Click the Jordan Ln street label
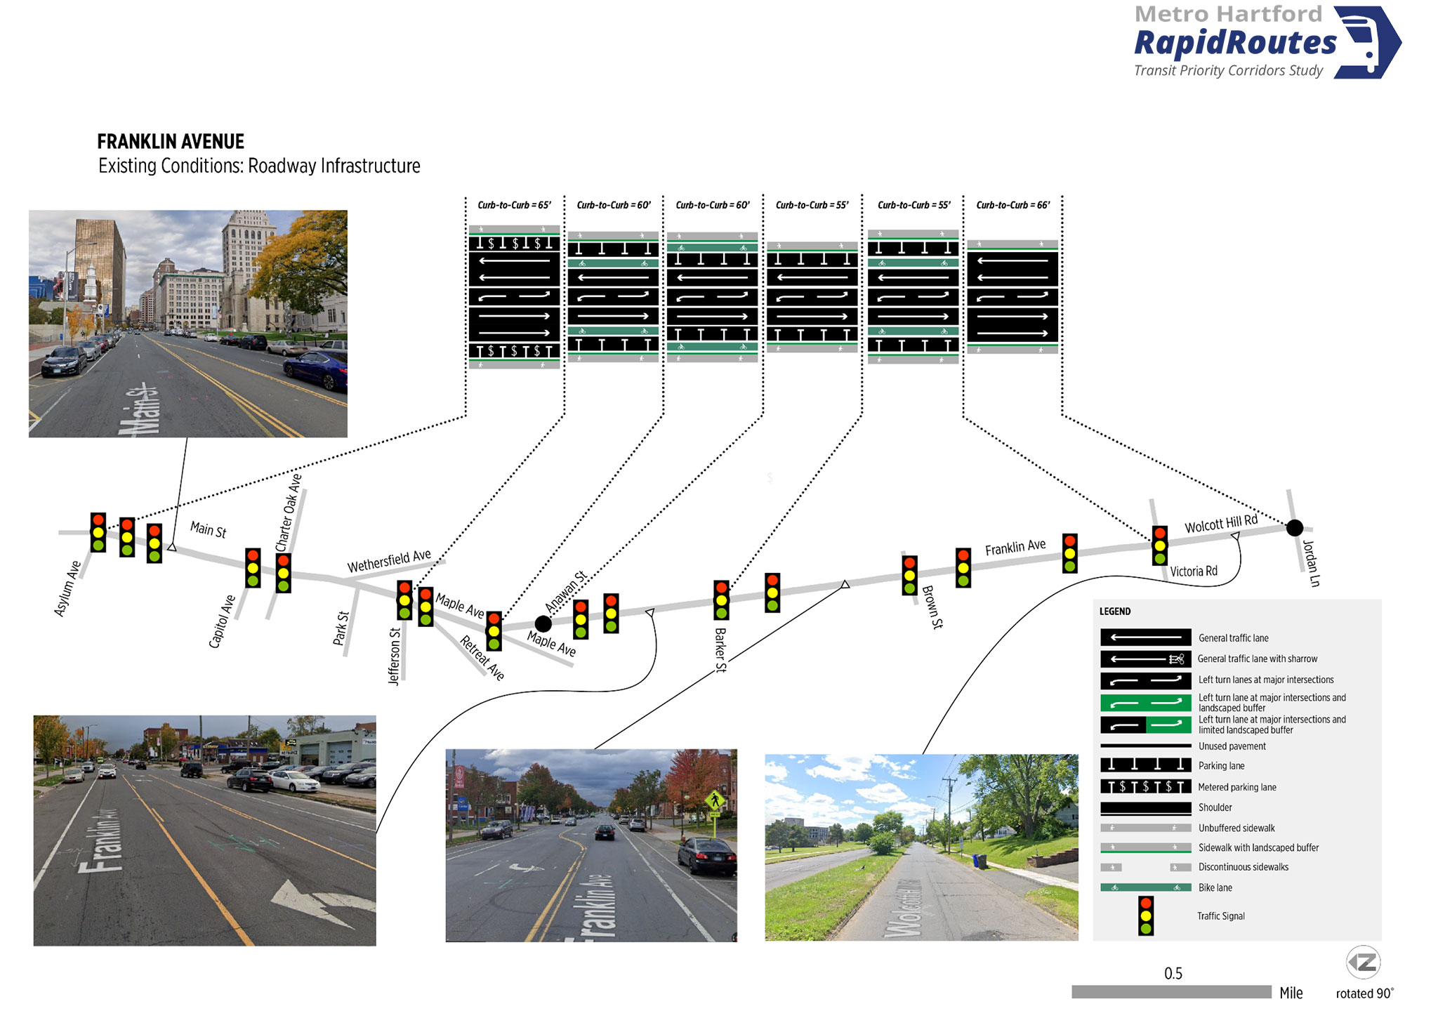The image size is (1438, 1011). coord(1311,563)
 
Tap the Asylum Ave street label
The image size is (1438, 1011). coord(67,588)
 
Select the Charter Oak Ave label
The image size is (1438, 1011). coord(288,513)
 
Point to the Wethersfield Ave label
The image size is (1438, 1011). coord(389,561)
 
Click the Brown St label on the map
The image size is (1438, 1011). coord(932,607)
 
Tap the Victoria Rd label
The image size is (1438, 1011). coord(1194,571)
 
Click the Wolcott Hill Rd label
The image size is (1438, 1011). coord(1221,524)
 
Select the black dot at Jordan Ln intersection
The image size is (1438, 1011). coord(1295,527)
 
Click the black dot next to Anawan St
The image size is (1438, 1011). coord(543,623)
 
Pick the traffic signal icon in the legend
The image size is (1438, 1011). coord(1146,916)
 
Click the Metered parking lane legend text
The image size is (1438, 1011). coord(1237,787)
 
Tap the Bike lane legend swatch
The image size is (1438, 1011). coord(1145,887)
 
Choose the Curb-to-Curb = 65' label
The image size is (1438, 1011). coord(514,205)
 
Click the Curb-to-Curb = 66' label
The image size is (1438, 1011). coord(1013,205)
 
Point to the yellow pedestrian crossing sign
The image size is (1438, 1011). coord(715,800)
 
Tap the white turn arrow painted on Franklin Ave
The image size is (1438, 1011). coord(319,901)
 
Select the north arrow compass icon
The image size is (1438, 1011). coord(1363,963)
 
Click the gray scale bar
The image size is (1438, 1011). coord(1171,992)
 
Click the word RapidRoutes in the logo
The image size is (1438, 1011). coord(1236,43)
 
